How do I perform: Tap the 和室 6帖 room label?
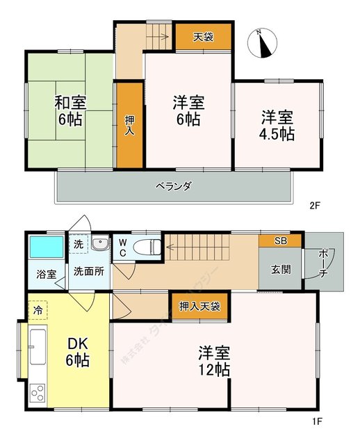[x=70, y=110]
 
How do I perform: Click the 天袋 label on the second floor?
[x=202, y=37]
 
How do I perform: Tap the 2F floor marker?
[x=316, y=205]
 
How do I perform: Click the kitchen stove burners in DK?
[x=38, y=392]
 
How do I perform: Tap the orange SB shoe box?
[x=280, y=241]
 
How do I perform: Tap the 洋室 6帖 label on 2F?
[x=187, y=111]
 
